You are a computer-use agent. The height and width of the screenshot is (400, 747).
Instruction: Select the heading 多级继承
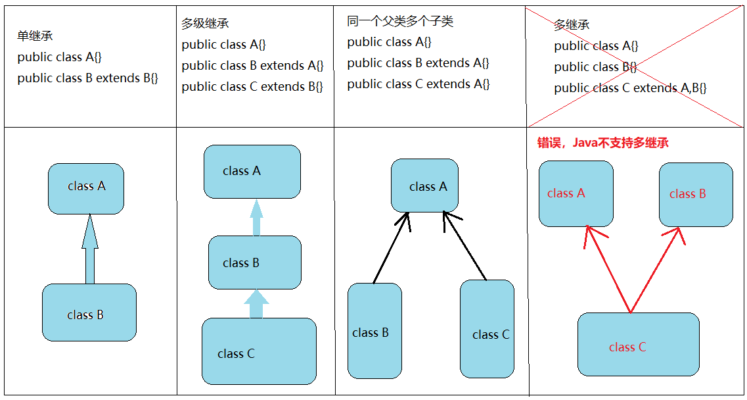(x=205, y=24)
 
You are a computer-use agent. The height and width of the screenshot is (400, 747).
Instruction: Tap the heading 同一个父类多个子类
(x=400, y=22)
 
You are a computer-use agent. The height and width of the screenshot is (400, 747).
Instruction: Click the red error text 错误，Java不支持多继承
(x=603, y=143)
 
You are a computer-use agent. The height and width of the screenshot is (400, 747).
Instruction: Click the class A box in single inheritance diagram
(x=86, y=189)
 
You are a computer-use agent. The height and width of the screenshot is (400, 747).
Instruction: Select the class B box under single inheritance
(x=89, y=312)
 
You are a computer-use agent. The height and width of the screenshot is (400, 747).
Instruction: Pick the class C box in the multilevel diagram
(x=259, y=351)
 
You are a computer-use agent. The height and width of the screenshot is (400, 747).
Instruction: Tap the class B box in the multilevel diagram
(x=255, y=262)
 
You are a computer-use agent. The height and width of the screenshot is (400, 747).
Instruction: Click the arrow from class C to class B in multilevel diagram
(x=257, y=305)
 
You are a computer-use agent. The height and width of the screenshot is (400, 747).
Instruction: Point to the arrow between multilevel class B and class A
(x=257, y=218)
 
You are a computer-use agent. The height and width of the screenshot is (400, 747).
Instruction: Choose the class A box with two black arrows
(x=424, y=185)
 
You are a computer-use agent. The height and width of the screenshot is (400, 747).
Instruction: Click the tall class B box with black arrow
(x=374, y=331)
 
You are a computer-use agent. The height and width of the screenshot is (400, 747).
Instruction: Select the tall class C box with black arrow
(x=487, y=328)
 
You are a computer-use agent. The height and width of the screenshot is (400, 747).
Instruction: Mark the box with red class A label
(x=576, y=193)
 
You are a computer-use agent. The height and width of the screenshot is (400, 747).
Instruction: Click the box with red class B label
(x=696, y=193)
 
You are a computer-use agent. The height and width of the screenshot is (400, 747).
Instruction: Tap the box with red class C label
(x=638, y=344)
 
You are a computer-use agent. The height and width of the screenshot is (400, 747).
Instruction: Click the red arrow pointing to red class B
(x=657, y=266)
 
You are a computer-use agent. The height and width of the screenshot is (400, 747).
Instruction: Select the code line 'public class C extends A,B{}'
(x=630, y=87)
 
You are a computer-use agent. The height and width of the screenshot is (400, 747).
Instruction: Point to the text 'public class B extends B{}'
(x=88, y=78)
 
